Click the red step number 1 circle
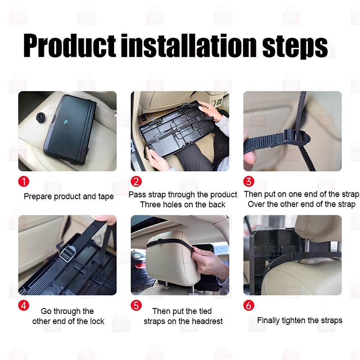coord(23,181)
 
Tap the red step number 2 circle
coord(136,181)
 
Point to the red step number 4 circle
coord(23,306)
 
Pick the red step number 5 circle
coord(136,306)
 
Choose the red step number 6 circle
coord(249,306)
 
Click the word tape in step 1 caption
coord(106,197)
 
